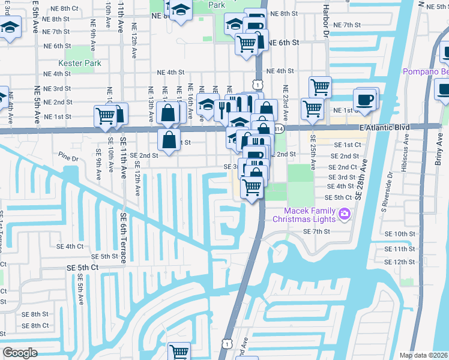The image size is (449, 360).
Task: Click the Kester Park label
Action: click(x=80, y=63)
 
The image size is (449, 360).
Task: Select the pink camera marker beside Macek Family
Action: click(x=345, y=213)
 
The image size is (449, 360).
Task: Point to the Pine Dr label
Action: click(x=69, y=159)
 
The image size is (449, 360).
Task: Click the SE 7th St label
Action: click(x=318, y=232)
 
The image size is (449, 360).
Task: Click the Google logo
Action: click(x=20, y=353)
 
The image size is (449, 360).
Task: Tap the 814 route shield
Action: click(x=279, y=129)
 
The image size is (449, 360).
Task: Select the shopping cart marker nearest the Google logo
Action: click(x=179, y=352)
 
